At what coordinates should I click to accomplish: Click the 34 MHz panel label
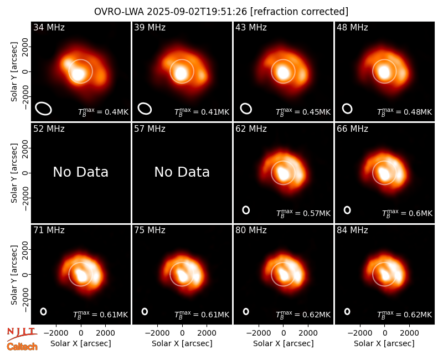[49, 27]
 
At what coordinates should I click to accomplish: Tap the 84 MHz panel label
[352, 230]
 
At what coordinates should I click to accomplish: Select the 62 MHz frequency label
[251, 129]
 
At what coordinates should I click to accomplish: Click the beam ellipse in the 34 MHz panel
[44, 109]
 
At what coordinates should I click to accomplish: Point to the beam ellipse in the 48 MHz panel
[347, 109]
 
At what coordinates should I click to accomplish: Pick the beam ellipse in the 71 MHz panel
[43, 311]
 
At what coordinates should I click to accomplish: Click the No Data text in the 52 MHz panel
[81, 172]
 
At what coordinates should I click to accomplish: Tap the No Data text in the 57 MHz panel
[182, 172]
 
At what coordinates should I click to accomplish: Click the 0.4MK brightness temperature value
[117, 112]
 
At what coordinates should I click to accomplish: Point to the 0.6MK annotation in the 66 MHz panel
[420, 213]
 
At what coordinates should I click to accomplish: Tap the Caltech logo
[22, 347]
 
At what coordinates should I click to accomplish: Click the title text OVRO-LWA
[119, 12]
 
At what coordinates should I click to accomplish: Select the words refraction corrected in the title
[299, 12]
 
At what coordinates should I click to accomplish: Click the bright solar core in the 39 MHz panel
[181, 73]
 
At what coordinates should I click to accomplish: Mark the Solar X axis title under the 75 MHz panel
[182, 343]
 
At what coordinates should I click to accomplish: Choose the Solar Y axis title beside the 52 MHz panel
[14, 173]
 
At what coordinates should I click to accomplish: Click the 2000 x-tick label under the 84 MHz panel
[409, 333]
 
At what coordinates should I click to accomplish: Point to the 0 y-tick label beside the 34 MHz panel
[25, 71]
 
